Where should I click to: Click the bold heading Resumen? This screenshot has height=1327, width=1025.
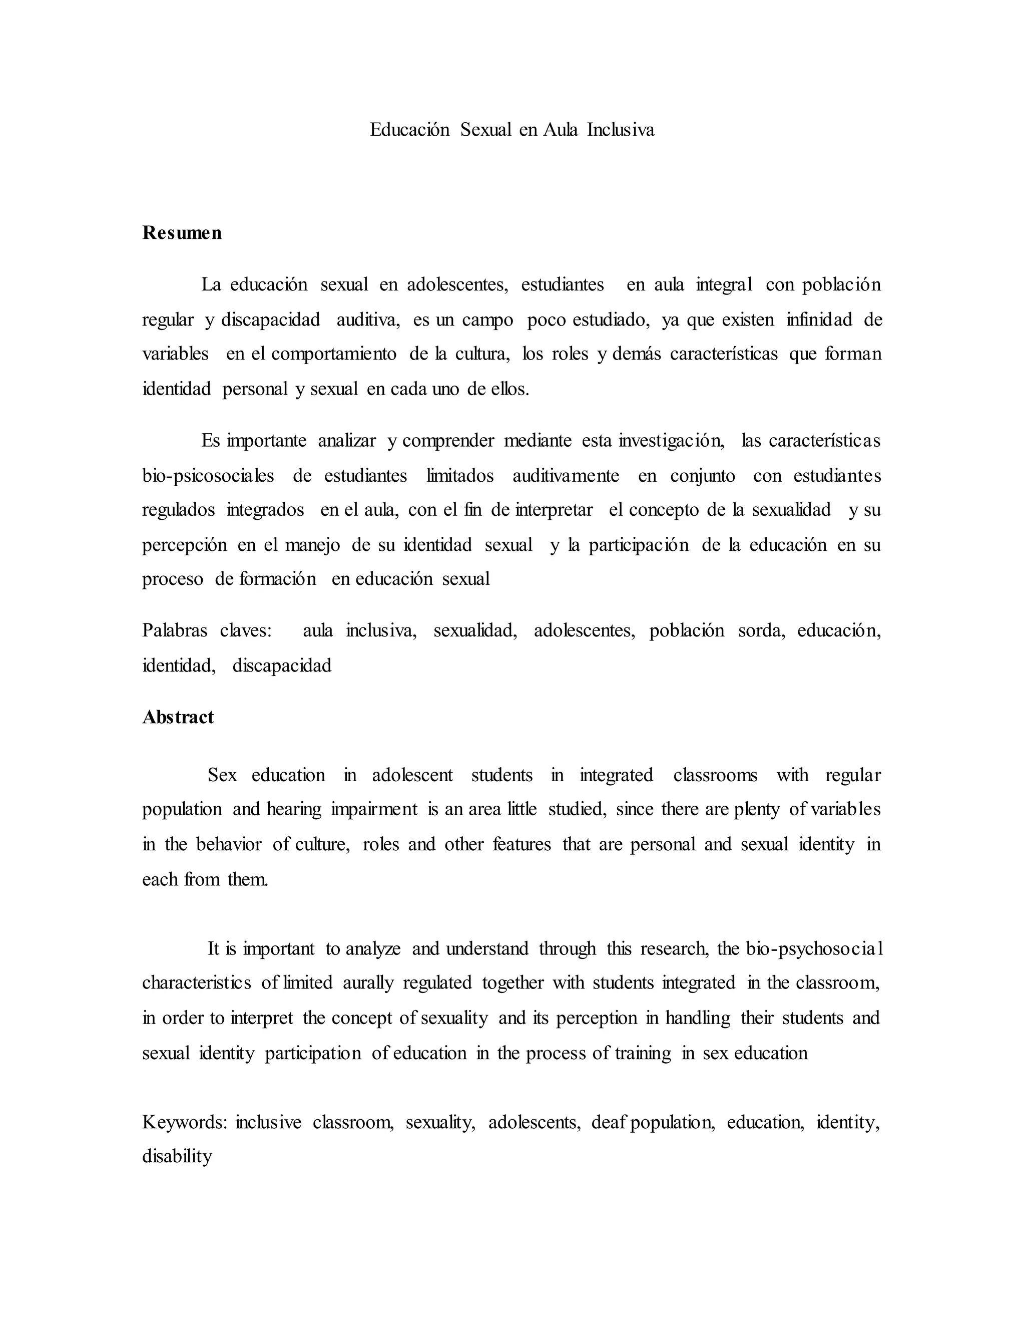[x=182, y=233]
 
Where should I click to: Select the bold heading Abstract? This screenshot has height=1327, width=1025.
[x=178, y=717]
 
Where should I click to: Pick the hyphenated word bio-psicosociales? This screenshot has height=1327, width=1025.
[x=208, y=475]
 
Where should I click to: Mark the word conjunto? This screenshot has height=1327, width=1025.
[x=703, y=475]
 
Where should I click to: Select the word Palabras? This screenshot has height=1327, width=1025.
[x=175, y=630]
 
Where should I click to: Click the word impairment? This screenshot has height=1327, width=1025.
[x=375, y=809]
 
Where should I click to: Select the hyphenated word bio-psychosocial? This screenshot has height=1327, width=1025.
[x=814, y=948]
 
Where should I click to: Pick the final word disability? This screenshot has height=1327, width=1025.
[x=177, y=1156]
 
